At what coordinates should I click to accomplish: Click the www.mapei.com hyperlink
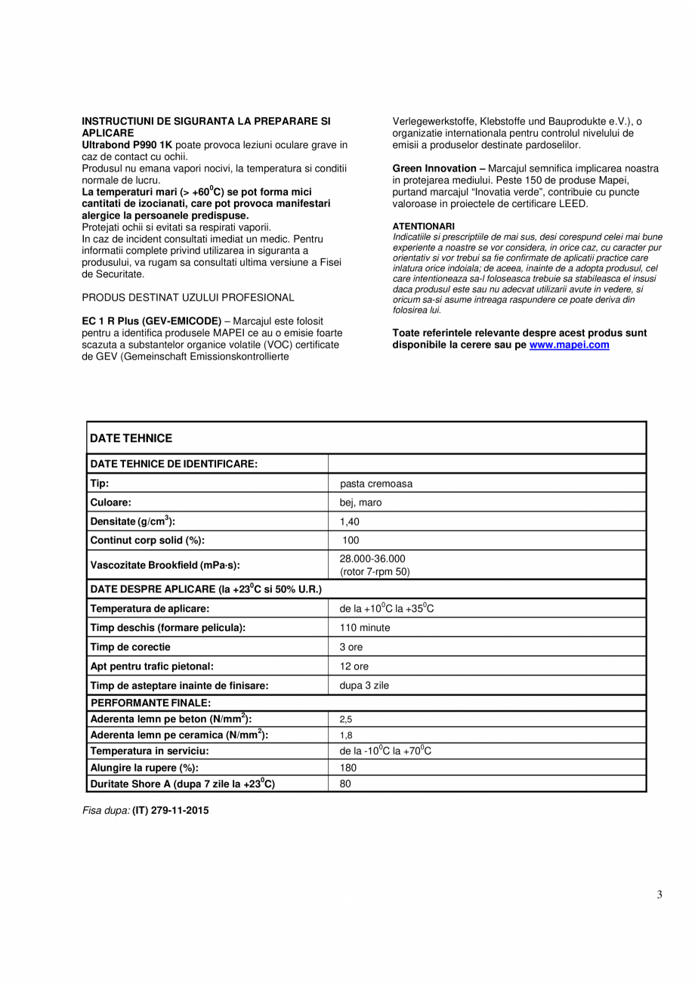point(569,345)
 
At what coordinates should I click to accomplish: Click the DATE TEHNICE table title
point(131,438)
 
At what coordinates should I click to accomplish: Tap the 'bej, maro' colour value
point(360,502)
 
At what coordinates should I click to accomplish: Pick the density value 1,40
point(350,521)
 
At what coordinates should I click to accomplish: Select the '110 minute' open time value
point(365,628)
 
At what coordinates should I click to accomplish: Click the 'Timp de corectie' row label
point(130,647)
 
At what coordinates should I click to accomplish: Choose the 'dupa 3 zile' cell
point(364,686)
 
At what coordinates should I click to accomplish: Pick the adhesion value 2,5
point(346,720)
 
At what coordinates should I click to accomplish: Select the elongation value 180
point(348,768)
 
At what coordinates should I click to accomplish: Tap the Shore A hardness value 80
point(345,784)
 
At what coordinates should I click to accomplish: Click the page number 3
point(659,895)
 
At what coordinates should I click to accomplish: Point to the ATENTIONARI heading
point(423,226)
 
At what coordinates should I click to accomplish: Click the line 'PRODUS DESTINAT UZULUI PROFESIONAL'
point(188,297)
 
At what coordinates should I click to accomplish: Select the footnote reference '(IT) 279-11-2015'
point(171,811)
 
